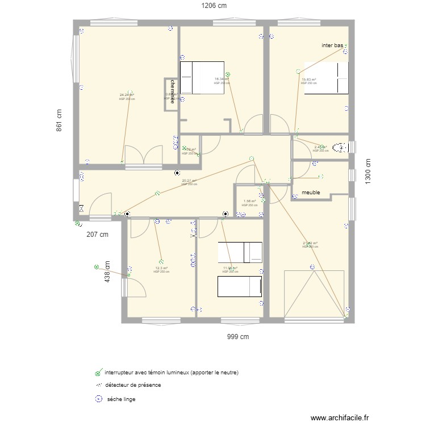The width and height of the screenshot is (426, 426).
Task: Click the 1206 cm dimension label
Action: point(212,6)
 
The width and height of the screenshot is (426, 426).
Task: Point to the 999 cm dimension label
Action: point(238,336)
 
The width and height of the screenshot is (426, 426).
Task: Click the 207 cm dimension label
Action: point(97,233)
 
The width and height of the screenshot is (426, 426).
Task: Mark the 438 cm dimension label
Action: point(107,272)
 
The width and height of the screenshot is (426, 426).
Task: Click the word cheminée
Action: point(172,91)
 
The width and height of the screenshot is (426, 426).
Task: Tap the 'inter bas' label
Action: point(332,45)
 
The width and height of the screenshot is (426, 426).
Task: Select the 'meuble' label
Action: point(311,193)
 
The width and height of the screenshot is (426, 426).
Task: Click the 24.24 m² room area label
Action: point(127,95)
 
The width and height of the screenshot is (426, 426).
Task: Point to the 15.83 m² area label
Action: point(309,80)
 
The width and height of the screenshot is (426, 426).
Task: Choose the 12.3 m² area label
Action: point(161,268)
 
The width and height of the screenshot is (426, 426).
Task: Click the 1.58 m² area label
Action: point(249,201)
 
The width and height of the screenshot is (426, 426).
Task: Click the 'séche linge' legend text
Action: point(121,399)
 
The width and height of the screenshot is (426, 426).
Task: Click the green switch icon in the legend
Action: point(98,373)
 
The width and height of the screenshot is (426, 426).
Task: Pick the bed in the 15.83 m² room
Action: point(326,78)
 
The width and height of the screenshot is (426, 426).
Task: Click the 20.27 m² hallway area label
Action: point(189,181)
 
